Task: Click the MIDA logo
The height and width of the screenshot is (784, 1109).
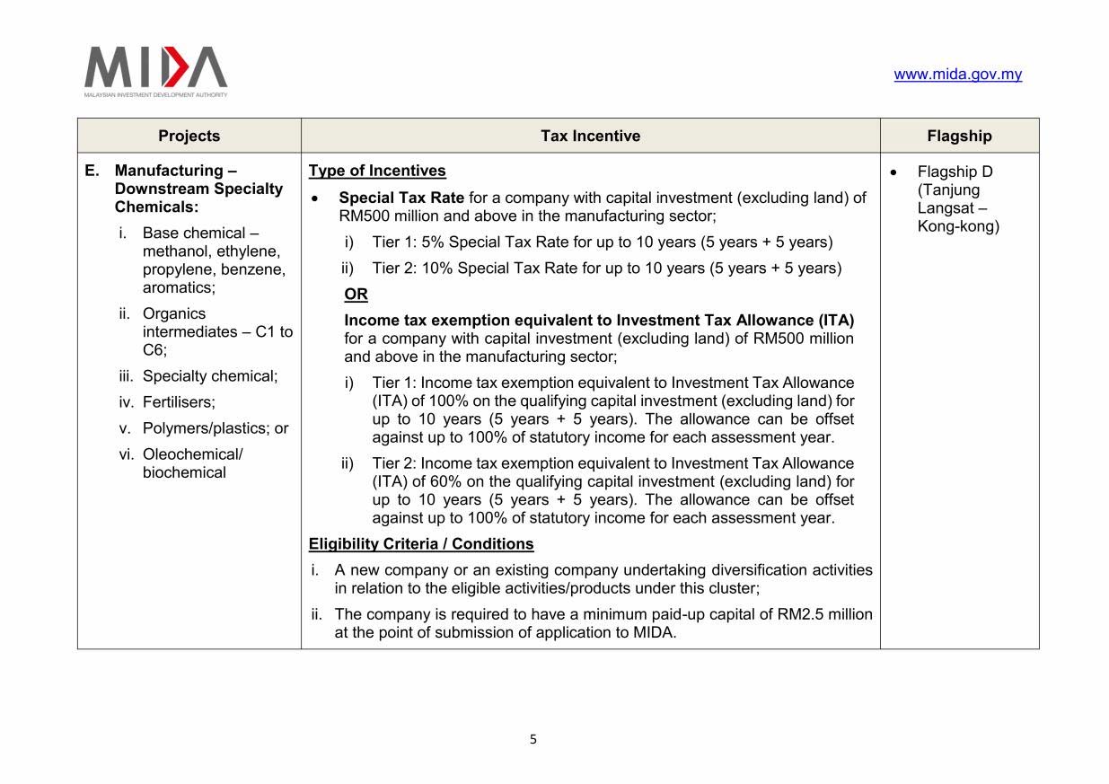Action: pos(156,70)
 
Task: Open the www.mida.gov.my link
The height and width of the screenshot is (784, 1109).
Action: pos(957,75)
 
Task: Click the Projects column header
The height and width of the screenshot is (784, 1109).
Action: pos(189,136)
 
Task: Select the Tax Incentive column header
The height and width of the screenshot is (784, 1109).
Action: pos(590,136)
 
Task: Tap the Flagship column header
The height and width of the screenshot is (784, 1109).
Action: pos(959,136)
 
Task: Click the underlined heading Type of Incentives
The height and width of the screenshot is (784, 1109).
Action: pos(377,171)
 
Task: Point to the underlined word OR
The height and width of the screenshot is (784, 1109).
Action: pos(356,295)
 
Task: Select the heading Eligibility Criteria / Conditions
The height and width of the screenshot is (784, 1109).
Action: pos(420,544)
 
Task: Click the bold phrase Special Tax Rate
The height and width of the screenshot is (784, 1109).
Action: pos(401,198)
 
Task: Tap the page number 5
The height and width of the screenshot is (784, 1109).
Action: pos(532,740)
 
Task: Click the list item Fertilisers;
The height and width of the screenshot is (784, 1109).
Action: pos(179,402)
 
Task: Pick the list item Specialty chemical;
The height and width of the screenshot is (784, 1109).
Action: pos(210,376)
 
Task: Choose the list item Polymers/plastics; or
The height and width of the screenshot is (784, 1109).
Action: pos(216,428)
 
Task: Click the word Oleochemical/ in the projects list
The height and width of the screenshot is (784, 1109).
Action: pos(192,454)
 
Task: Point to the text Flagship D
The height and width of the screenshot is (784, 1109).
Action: pos(955,172)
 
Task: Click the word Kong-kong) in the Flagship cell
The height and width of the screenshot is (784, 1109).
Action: pos(958,226)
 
